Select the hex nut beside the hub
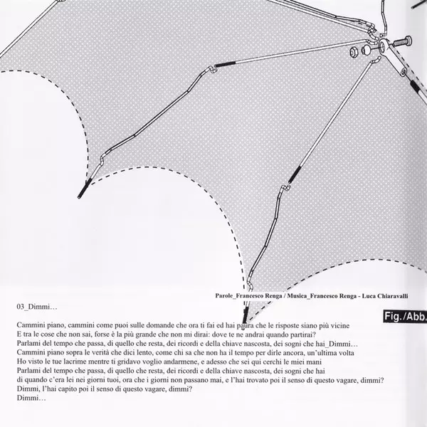click(354, 53)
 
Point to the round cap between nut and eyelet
click(367, 50)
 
